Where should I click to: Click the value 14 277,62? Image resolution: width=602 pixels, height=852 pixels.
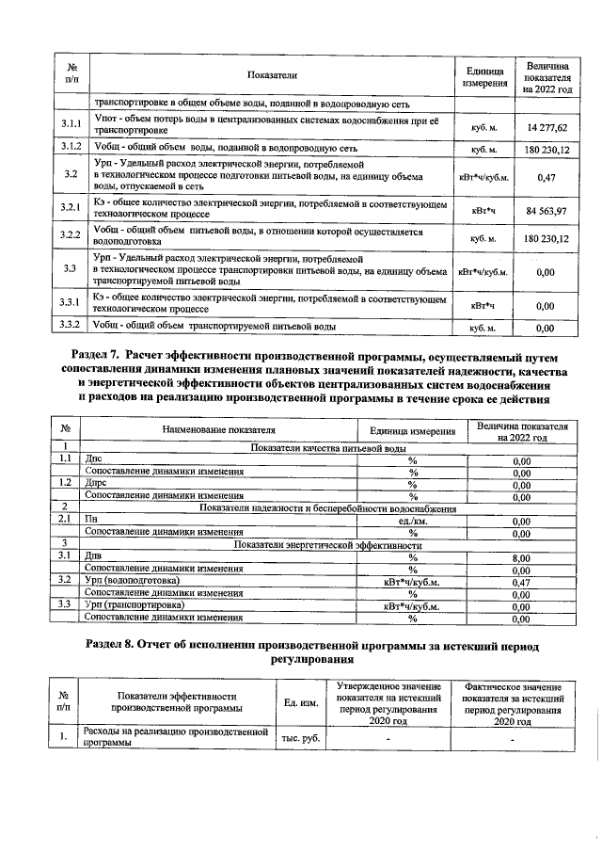[547, 126]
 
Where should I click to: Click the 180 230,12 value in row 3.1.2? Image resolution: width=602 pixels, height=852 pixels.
[547, 149]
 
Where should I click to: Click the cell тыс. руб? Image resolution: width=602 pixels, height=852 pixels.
[301, 737]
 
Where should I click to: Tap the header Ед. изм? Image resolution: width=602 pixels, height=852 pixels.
[301, 702]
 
